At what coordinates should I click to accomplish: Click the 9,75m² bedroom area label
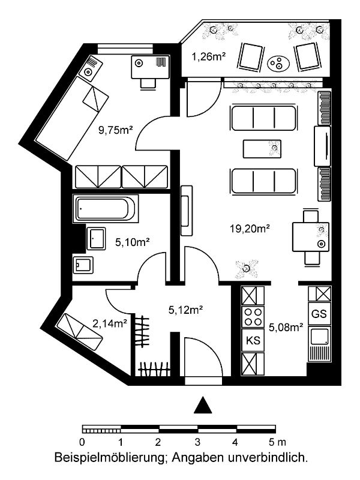(x=115, y=130)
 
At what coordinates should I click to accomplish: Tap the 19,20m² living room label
(x=250, y=229)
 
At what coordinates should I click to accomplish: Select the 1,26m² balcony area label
(x=209, y=56)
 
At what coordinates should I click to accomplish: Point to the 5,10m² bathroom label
(x=132, y=242)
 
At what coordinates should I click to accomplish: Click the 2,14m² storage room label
(x=110, y=323)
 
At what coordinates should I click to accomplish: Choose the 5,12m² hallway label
(x=186, y=310)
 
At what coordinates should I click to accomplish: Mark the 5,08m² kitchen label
(x=286, y=328)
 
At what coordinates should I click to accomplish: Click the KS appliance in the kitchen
(x=253, y=340)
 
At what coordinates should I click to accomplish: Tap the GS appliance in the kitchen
(x=319, y=314)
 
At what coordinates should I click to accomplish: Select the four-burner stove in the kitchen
(x=253, y=317)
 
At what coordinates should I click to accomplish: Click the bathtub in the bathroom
(x=106, y=209)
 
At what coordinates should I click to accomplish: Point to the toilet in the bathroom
(x=83, y=265)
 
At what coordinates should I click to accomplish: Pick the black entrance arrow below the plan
(x=203, y=405)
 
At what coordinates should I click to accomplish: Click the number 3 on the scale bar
(x=197, y=442)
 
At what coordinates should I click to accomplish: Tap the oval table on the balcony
(x=278, y=64)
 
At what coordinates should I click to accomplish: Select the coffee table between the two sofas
(x=262, y=149)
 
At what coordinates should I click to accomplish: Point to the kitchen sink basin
(x=319, y=336)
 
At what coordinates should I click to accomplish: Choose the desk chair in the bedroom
(x=148, y=83)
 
